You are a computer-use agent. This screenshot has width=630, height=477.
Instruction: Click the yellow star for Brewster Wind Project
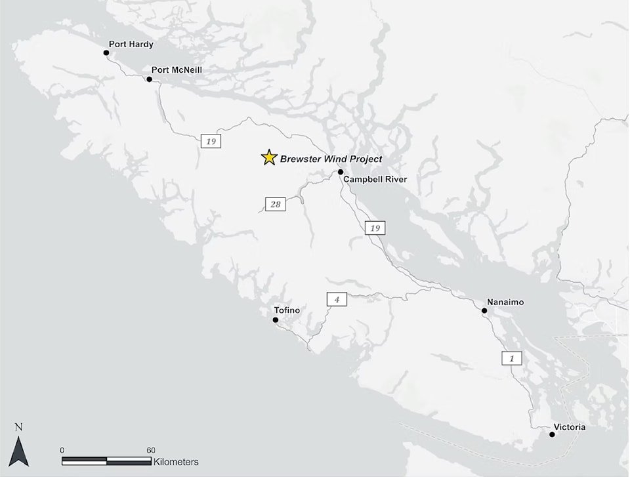point(268,157)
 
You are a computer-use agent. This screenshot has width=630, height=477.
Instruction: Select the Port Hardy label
point(131,45)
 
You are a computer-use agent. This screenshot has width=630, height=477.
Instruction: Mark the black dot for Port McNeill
point(150,79)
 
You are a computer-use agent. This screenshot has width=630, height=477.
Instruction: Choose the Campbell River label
point(375,179)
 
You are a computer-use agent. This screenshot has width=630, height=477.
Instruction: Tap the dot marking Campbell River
point(341,172)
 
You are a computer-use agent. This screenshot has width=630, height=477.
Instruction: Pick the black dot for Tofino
point(276,320)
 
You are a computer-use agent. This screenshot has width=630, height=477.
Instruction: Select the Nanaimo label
point(506,302)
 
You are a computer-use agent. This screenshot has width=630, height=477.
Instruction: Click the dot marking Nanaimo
point(484,310)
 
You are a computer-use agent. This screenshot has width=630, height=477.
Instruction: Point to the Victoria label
point(570,427)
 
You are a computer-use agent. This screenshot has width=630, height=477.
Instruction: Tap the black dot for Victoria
point(551,434)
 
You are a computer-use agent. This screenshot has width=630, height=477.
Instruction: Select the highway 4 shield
point(336,300)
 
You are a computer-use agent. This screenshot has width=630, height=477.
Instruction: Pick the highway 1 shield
point(511,358)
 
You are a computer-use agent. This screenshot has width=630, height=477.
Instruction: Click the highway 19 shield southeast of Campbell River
point(375,228)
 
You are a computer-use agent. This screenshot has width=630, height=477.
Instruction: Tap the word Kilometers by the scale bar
point(176,462)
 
